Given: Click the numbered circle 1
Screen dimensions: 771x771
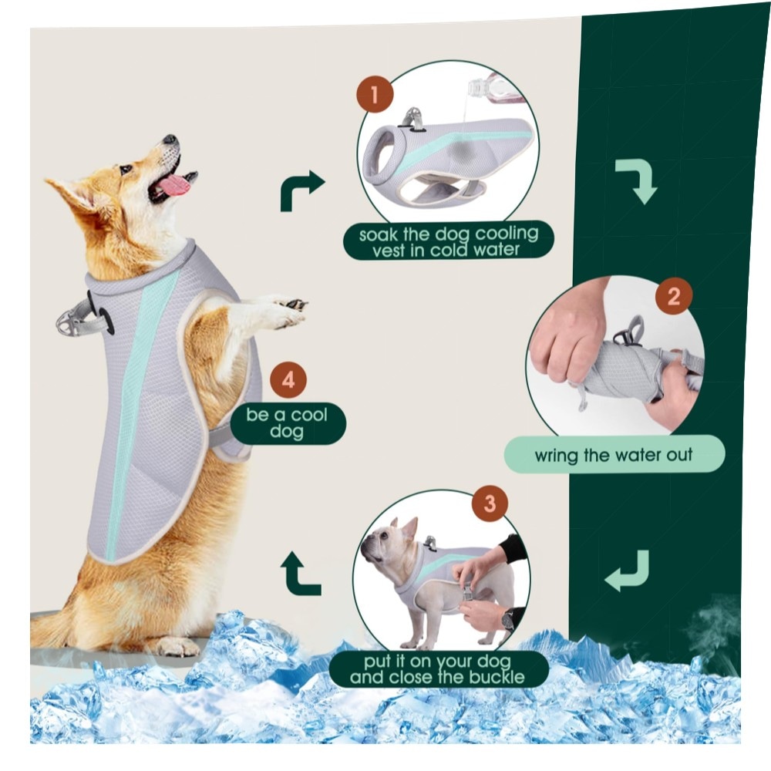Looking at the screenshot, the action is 375,94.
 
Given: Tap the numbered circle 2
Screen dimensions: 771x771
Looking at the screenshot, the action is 673,296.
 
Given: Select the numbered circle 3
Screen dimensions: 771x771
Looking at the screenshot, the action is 490,503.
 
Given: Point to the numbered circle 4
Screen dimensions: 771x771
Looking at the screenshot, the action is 288,380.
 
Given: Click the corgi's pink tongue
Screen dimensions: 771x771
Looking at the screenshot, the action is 172,186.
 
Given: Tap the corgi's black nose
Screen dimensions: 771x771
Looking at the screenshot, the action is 170,139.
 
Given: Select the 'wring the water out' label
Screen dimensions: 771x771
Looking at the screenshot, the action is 614,454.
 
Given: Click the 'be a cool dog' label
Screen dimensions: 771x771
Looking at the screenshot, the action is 288,423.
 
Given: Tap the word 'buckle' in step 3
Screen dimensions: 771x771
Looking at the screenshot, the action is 497,677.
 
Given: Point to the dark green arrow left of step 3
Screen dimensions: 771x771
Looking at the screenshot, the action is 299,574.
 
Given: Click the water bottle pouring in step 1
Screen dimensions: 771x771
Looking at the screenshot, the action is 494,89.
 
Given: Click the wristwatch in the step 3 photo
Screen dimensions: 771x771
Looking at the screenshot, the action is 507,621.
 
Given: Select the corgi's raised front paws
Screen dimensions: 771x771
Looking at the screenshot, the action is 285,311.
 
